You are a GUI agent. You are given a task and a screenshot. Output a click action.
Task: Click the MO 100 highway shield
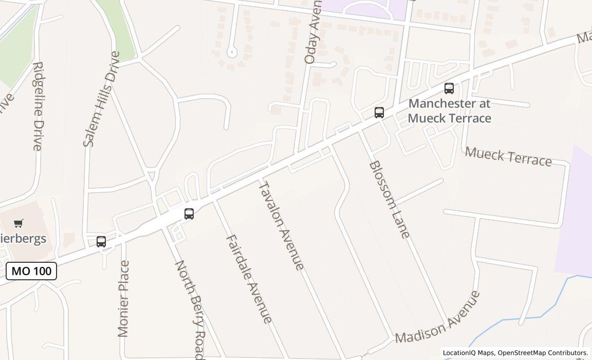click(31, 271)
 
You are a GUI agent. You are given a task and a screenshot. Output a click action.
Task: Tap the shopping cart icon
click(18, 223)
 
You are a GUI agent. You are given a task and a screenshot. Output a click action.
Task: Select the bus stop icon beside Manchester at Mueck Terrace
click(449, 88)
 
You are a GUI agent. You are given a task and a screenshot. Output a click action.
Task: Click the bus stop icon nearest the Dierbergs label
click(101, 242)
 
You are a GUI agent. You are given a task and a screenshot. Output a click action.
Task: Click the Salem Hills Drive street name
click(102, 99)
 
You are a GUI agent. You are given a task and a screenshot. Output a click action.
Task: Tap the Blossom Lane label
click(390, 200)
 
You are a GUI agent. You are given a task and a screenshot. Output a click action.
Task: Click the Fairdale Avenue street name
click(249, 279)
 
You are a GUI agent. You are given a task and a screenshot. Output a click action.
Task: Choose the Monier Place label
click(123, 299)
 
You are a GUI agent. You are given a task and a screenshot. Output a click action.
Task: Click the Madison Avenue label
click(438, 317)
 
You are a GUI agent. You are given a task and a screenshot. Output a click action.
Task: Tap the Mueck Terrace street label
click(508, 156)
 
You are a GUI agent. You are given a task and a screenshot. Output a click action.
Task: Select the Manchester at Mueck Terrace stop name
click(450, 111)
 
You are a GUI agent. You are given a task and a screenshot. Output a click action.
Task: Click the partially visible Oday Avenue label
click(312, 34)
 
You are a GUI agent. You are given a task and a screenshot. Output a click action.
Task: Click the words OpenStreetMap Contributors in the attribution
click(543, 353)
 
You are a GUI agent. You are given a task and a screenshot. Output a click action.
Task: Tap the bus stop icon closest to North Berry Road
click(189, 214)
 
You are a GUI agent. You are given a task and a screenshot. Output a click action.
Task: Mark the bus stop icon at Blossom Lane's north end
click(379, 113)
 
